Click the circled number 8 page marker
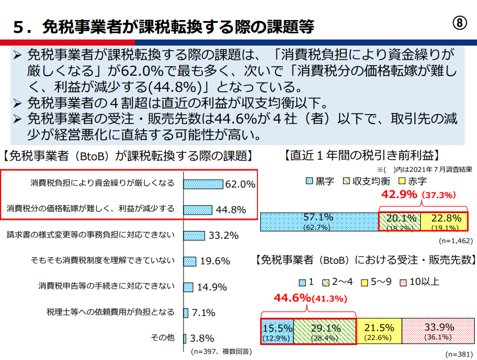click(x=458, y=24)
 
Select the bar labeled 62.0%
click(x=203, y=184)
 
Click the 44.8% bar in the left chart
click(x=198, y=209)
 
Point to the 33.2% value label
click(x=224, y=235)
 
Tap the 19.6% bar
click(x=190, y=261)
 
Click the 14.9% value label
click(x=212, y=287)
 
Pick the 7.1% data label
click(x=203, y=313)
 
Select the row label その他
click(x=163, y=338)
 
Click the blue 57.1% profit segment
click(x=319, y=221)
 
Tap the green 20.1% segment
click(x=400, y=221)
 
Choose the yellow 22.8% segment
click(x=444, y=221)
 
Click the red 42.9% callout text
click(x=399, y=195)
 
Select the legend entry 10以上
click(x=424, y=282)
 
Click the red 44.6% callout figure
click(x=292, y=298)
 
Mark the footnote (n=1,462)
click(x=455, y=241)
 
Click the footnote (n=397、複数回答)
click(x=221, y=352)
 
